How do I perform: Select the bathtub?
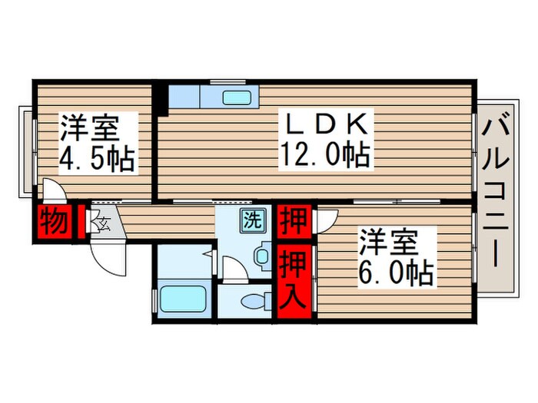click(x=183, y=299)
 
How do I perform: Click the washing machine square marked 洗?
click(x=251, y=220)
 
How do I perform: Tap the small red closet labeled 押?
click(x=294, y=220)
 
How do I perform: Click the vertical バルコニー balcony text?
click(x=496, y=201)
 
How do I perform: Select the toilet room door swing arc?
click(x=232, y=269)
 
